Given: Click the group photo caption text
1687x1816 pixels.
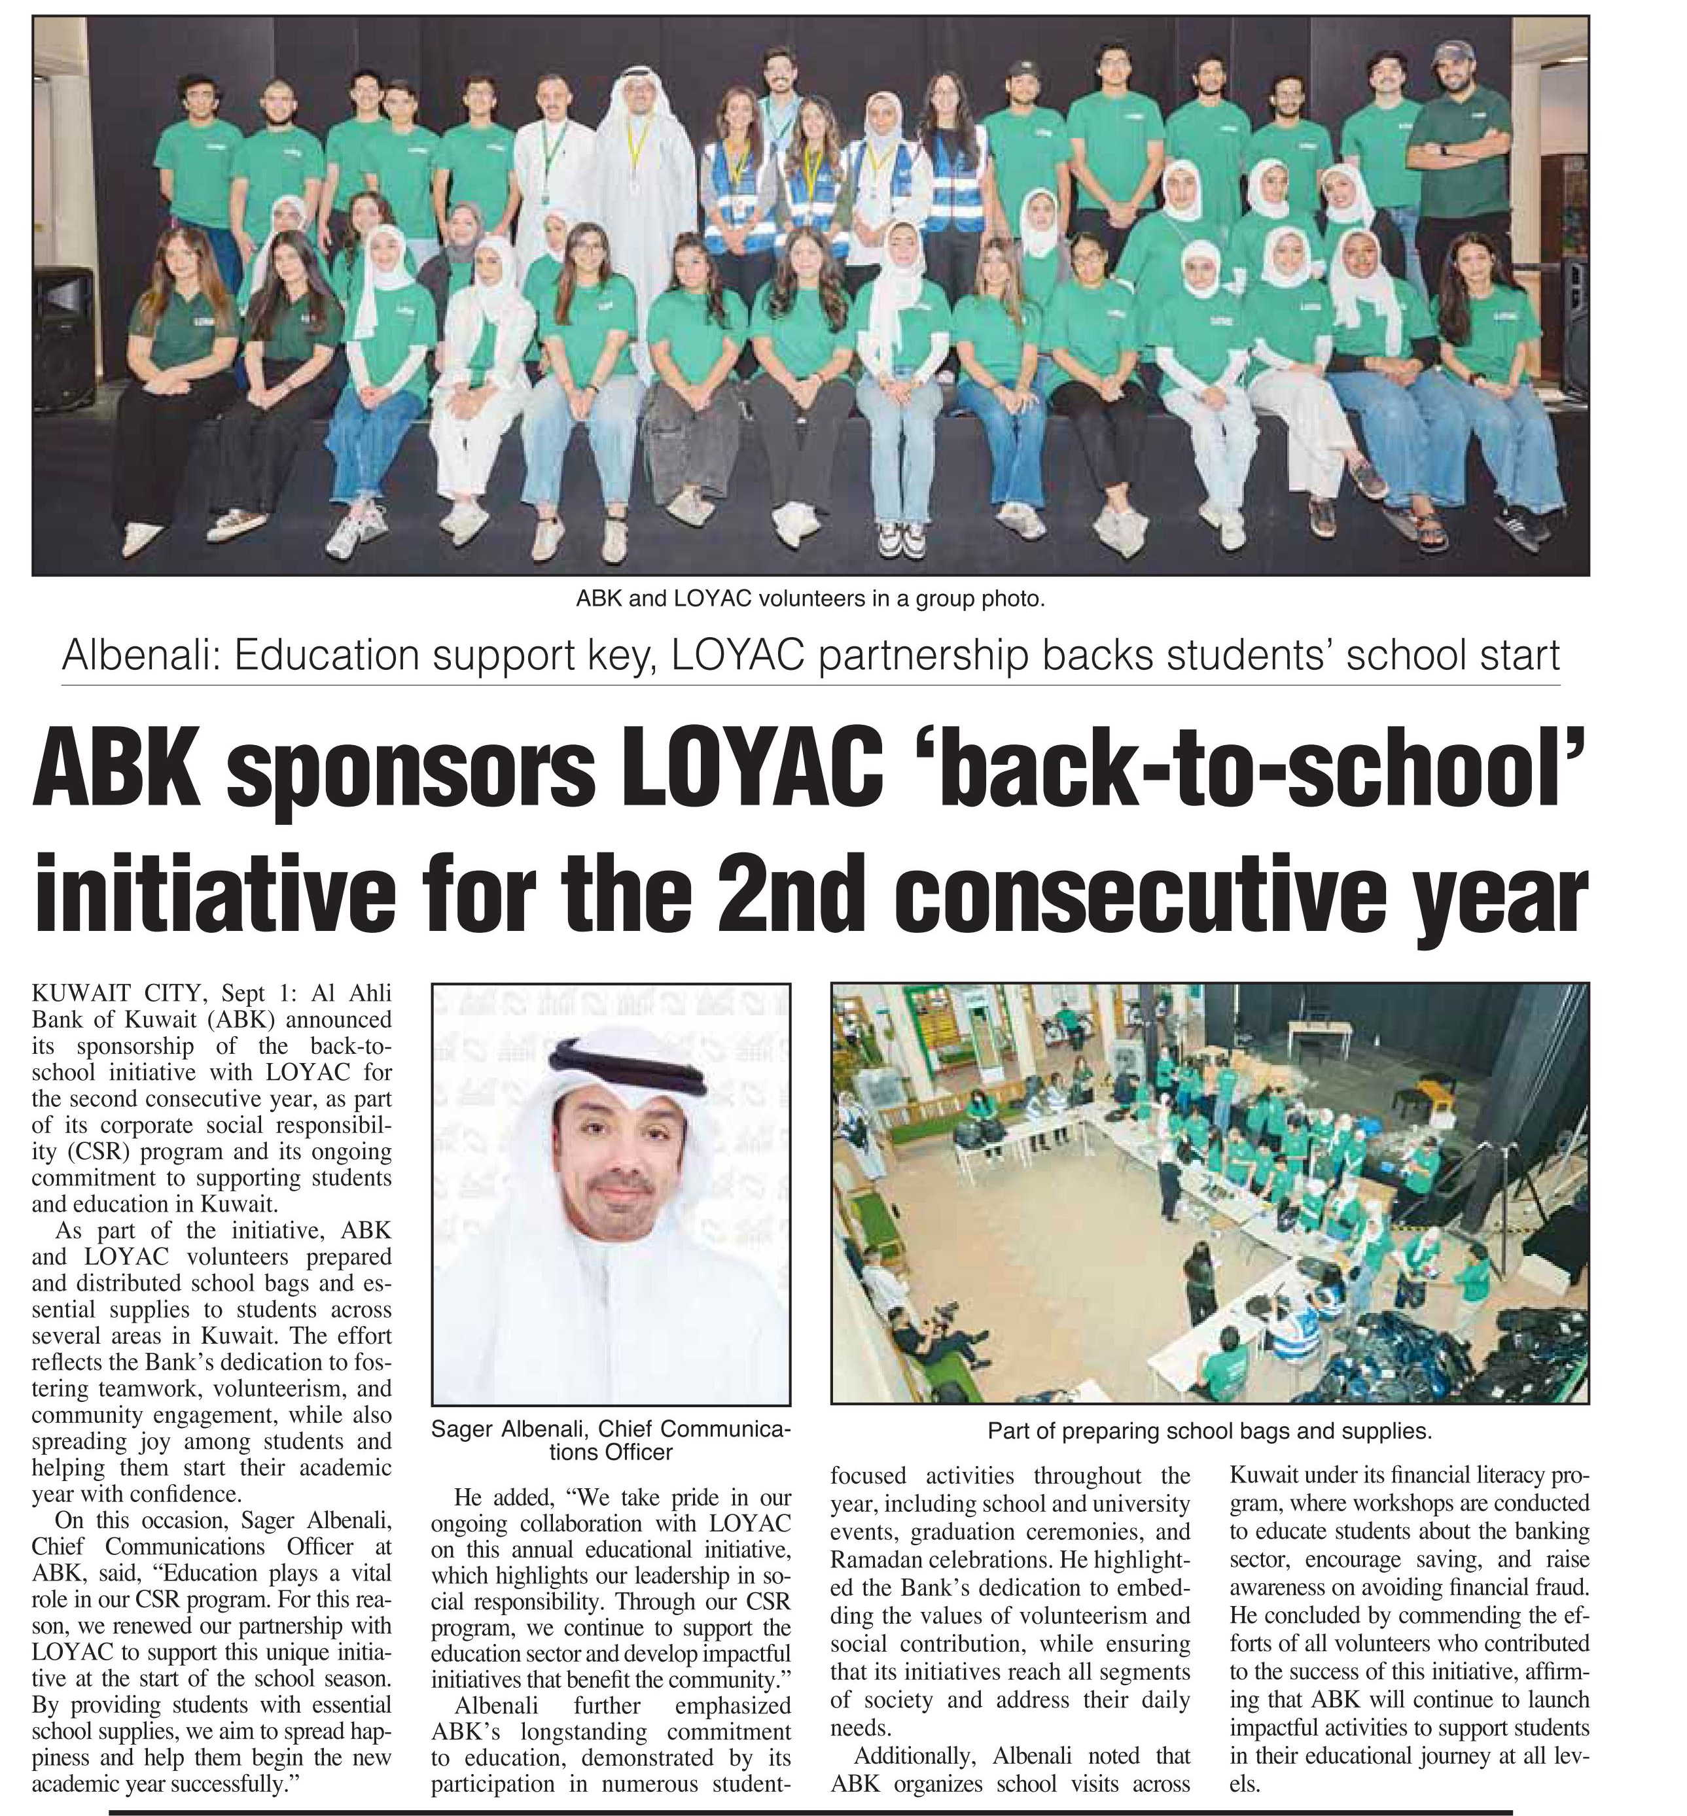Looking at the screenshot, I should (x=809, y=599).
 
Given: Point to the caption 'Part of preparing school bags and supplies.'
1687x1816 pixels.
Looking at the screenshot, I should (x=1209, y=1431).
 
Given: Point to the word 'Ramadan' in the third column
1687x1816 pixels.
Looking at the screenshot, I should (x=872, y=1558).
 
